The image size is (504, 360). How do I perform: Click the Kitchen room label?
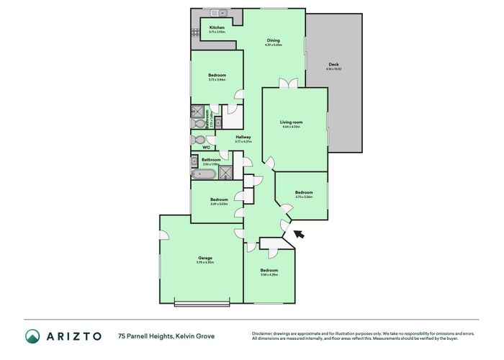pos(207,28)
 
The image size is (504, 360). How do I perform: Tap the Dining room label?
pos(274,40)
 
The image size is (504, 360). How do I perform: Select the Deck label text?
pos(333,63)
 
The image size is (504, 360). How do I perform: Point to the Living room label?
pos(293,122)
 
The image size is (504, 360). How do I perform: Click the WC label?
pos(205,148)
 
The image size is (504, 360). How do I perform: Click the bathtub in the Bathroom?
pos(199,173)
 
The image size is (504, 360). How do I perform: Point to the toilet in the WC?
pos(198,140)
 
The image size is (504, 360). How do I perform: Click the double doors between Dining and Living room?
pos(288,84)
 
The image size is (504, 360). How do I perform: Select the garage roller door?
pos(204,302)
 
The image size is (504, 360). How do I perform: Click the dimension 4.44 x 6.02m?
pos(293,127)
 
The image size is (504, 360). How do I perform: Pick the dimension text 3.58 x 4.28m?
pos(269,274)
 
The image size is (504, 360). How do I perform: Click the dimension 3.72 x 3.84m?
pos(217,80)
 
